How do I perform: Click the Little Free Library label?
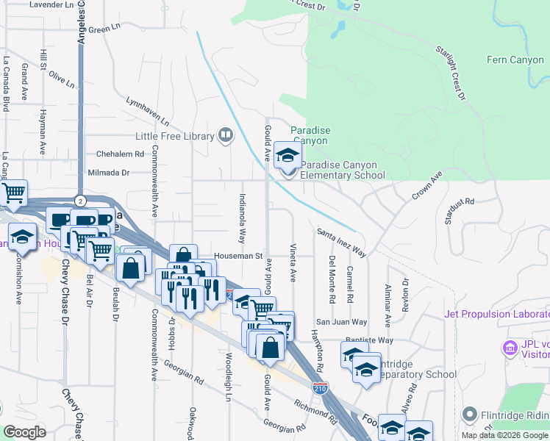[174, 136]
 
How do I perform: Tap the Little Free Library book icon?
[226, 135]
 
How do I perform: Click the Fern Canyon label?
[514, 60]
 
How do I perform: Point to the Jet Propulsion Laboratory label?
[497, 315]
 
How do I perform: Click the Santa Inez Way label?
[342, 242]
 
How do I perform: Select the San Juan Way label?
[341, 322]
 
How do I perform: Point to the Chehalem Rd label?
[120, 154]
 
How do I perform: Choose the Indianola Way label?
[242, 218]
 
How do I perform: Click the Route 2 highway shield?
[81, 200]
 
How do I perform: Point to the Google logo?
[25, 432]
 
